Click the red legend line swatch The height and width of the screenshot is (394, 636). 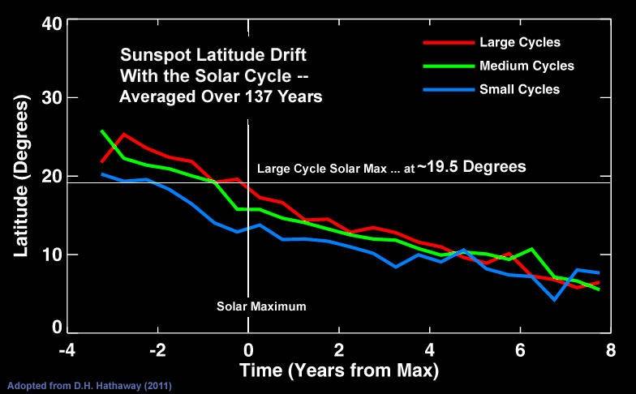(x=448, y=42)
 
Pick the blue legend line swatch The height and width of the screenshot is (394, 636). (x=448, y=89)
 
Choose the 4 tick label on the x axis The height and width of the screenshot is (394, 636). (x=429, y=350)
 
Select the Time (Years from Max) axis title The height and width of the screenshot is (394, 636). (x=338, y=371)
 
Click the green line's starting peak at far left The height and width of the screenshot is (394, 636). (x=102, y=131)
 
